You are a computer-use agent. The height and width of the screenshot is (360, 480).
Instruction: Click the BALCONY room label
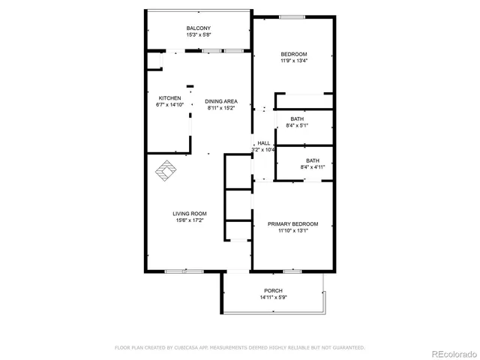(198, 28)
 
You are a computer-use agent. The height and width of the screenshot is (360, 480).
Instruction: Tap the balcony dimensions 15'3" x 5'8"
(198, 35)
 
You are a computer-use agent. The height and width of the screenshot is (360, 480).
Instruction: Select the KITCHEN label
(169, 98)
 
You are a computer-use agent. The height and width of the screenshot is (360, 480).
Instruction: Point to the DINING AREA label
(222, 101)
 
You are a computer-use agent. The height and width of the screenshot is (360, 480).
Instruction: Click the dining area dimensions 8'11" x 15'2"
(222, 108)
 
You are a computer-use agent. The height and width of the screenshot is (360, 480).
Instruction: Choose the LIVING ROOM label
(190, 214)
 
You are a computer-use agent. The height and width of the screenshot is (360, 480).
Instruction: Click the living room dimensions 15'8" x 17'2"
(190, 220)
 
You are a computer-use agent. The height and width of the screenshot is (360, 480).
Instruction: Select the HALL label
(263, 143)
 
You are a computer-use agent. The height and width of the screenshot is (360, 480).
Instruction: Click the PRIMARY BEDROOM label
(293, 223)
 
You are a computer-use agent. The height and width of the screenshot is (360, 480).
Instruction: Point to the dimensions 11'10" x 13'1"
(293, 230)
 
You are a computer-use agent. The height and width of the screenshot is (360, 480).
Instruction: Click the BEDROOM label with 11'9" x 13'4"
(294, 54)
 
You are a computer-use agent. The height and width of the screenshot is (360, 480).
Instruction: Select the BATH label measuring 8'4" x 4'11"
(313, 160)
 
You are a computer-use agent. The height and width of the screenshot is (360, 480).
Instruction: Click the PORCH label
(273, 290)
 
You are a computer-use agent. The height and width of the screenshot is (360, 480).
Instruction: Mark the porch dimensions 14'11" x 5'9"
(273, 298)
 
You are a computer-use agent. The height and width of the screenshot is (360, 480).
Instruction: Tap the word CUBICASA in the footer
(193, 348)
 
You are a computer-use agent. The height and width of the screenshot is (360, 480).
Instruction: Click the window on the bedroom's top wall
(292, 16)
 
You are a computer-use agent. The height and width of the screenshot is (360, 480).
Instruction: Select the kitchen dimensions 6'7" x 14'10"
(169, 105)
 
